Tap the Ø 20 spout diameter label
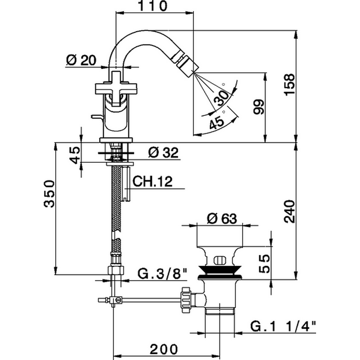coord(82,60)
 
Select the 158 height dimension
coord(289,84)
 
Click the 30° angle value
coord(222,97)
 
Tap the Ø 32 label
coord(163,153)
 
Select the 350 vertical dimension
coord(49,193)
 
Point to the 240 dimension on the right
coord(289,212)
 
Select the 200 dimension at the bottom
coord(164,349)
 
